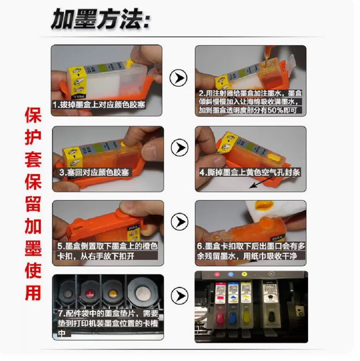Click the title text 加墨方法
pos(100,19)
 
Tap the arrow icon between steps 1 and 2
pos(178,78)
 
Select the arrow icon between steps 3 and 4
pos(179,148)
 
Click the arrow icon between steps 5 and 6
pos(179,221)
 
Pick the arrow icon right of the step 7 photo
pos(179,296)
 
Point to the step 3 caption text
pos(95,173)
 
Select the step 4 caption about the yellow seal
pos(250,173)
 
